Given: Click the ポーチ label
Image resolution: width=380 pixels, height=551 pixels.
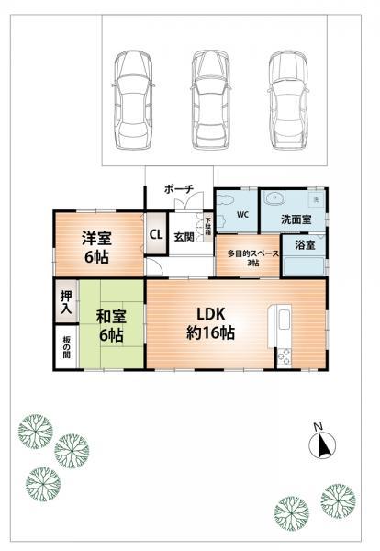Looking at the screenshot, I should pyautogui.click(x=178, y=188).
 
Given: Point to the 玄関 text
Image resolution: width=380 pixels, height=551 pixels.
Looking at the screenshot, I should pyautogui.click(x=183, y=236).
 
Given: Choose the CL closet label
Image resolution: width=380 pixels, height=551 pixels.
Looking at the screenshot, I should pyautogui.click(x=156, y=234).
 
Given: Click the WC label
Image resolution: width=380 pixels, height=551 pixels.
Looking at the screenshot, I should pyautogui.click(x=243, y=215).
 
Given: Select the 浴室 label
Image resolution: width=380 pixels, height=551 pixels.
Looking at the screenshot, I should pyautogui.click(x=305, y=245).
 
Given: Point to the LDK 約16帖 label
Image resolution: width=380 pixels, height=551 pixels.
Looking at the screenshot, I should pyautogui.click(x=211, y=321).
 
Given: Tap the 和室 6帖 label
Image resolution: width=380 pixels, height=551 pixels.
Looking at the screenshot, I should pyautogui.click(x=110, y=327).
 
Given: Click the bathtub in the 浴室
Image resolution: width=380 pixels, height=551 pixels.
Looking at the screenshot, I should pyautogui.click(x=304, y=266).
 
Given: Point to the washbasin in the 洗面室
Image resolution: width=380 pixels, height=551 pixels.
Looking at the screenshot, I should pyautogui.click(x=274, y=200).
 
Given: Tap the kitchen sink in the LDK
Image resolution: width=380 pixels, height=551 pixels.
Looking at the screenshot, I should pyautogui.click(x=281, y=323).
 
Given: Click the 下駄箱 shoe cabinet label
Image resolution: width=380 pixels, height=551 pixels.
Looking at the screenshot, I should pyautogui.click(x=208, y=223).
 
